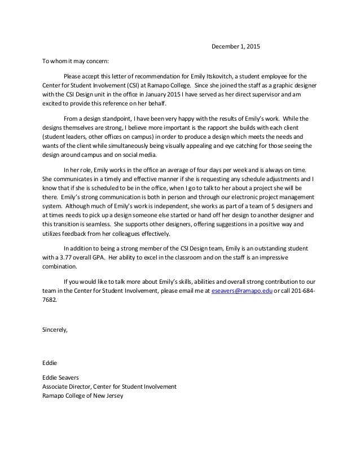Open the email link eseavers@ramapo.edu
click(x=242, y=291)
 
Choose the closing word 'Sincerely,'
click(x=55, y=329)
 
